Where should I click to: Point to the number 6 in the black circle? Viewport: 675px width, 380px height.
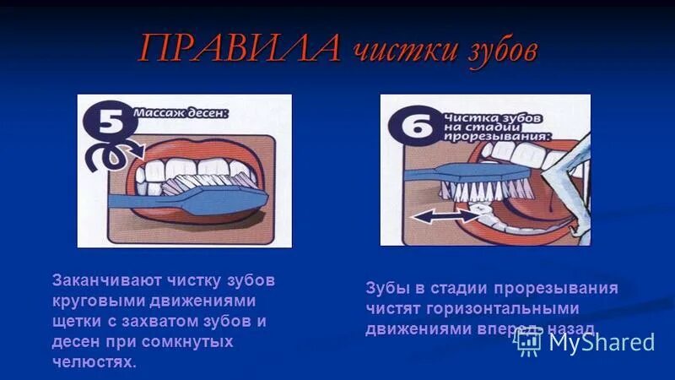(411, 126)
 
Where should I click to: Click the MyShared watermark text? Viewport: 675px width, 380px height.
(602, 341)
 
